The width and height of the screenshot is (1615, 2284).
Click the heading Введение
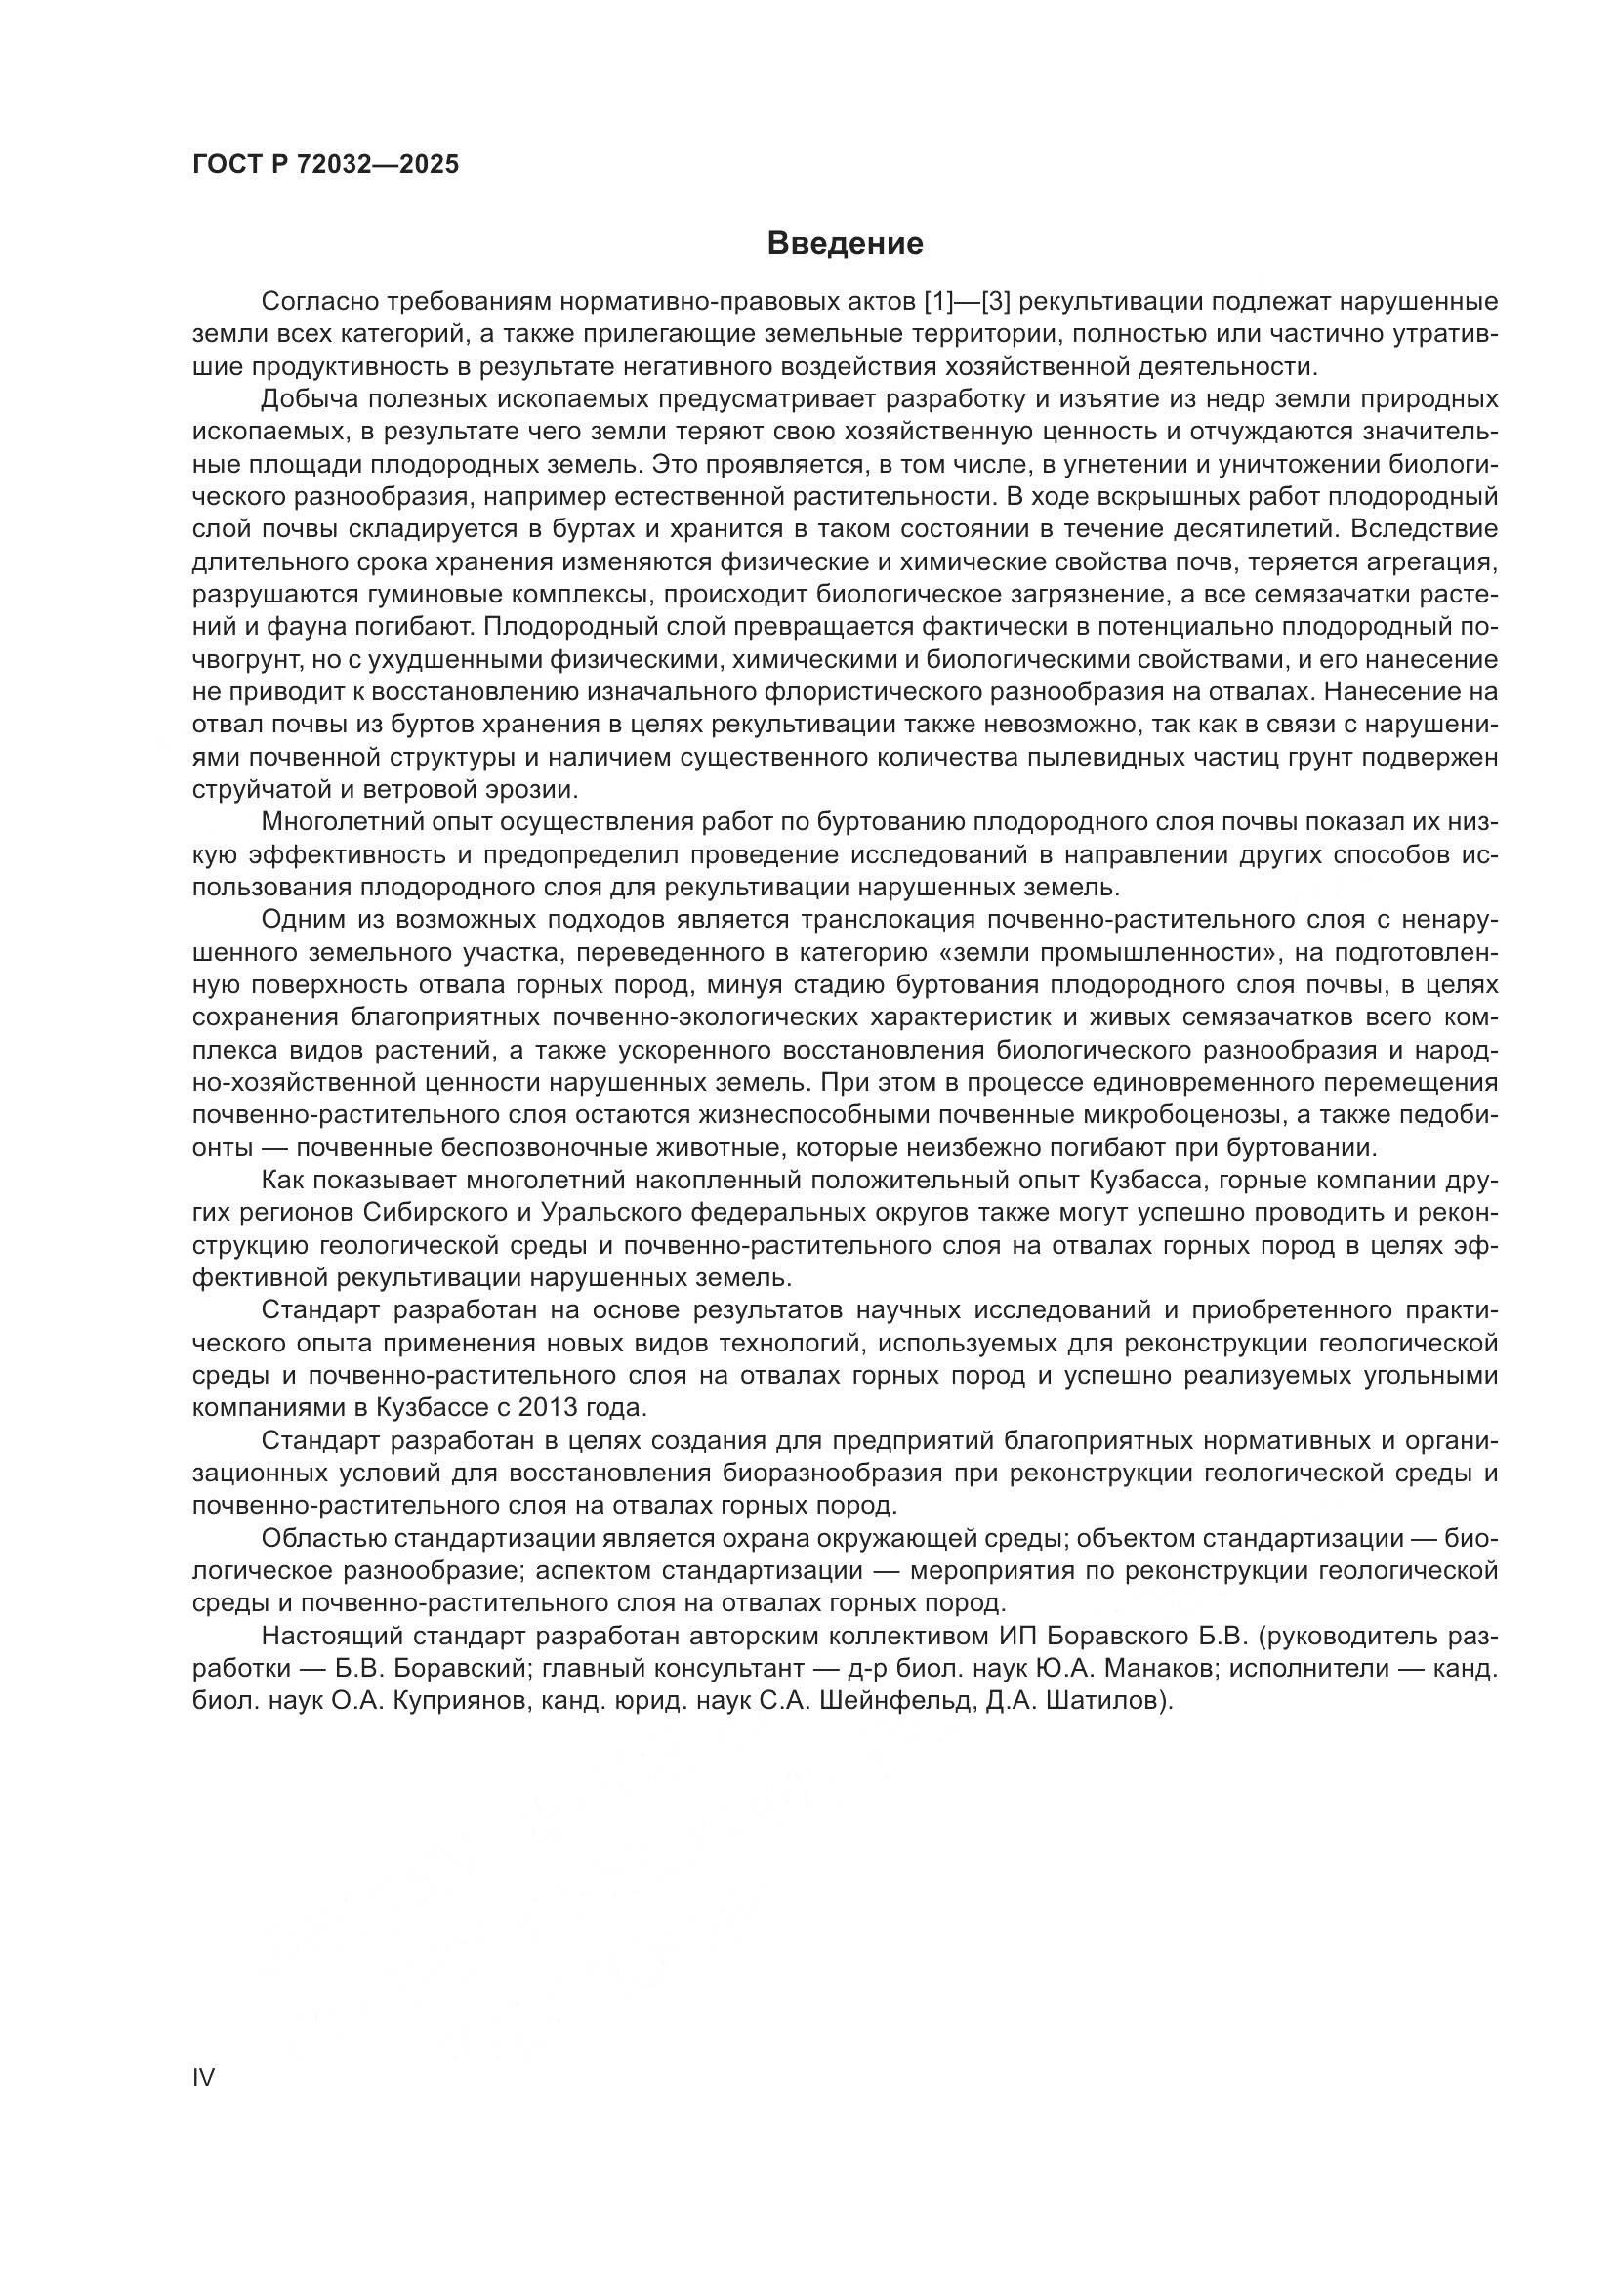click(846, 244)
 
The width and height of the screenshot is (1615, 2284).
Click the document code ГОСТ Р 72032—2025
click(325, 164)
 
